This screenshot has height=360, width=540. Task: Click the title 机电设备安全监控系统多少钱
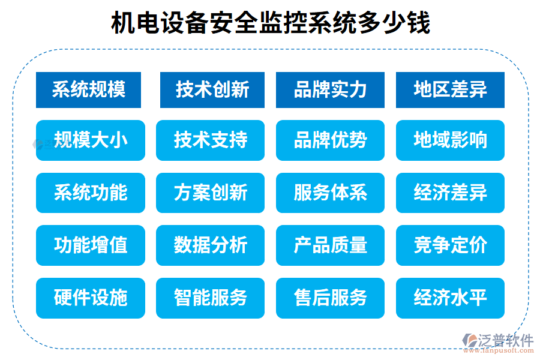[x=270, y=24]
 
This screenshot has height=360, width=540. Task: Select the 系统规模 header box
[x=88, y=90]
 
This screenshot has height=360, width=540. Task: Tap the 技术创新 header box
[x=212, y=90]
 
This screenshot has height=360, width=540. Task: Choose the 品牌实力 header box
[x=330, y=90]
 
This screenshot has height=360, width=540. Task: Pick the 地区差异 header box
[x=450, y=90]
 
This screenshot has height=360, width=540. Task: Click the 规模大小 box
[x=91, y=140]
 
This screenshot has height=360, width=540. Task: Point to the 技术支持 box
[x=210, y=140]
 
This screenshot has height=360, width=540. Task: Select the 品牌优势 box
[x=330, y=140]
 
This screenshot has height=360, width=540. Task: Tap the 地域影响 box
[x=450, y=140]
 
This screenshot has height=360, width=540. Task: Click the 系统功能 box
[x=91, y=193]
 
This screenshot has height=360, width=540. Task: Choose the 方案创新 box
[x=210, y=193]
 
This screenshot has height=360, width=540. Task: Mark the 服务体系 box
[x=330, y=193]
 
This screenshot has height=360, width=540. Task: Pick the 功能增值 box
[x=91, y=245]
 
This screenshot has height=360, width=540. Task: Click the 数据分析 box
[x=210, y=245]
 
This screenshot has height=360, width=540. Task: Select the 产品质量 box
[x=330, y=245]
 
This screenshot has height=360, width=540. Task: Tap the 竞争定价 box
[x=450, y=245]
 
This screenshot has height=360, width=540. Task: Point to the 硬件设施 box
[x=91, y=298]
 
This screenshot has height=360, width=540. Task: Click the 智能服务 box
[x=210, y=298]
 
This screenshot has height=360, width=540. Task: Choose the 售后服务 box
[x=330, y=298]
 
